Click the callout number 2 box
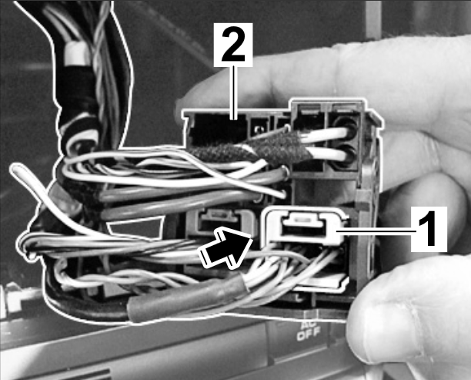[x=233, y=45]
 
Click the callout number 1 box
[x=429, y=229]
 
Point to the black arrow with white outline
[x=225, y=247]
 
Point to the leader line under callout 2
[x=234, y=93]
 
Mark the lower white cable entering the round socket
[x=326, y=153]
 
